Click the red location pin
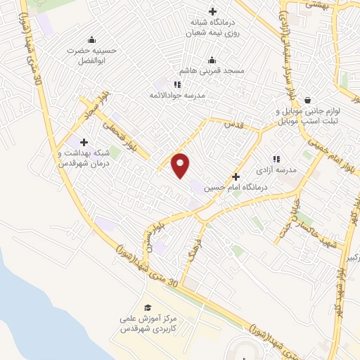(181, 165)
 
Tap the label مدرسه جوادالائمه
(179, 95)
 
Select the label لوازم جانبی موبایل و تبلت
(306, 116)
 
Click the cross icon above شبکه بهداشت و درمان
(84, 142)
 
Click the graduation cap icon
(148, 308)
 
